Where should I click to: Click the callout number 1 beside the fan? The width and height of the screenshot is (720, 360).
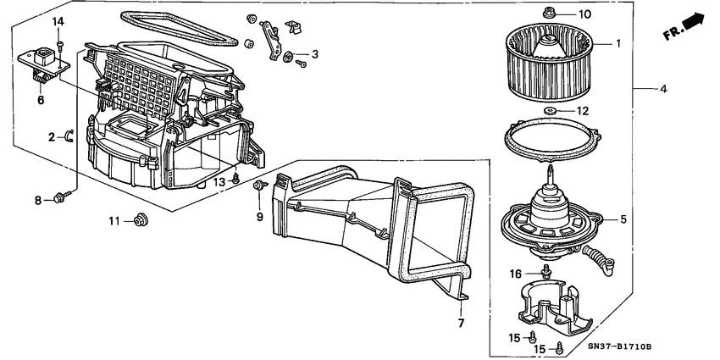[618, 43]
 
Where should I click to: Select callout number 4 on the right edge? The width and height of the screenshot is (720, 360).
[664, 88]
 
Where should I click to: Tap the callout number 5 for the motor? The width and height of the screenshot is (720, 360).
[623, 219]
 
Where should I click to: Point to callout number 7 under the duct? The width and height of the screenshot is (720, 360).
[462, 324]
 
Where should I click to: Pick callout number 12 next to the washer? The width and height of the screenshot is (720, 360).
[582, 110]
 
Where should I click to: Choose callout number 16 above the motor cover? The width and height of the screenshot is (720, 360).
[517, 274]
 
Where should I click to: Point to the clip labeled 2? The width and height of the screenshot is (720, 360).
[69, 136]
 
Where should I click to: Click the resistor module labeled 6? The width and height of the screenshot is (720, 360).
[42, 62]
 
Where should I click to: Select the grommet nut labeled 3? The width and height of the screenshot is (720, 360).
[289, 57]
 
